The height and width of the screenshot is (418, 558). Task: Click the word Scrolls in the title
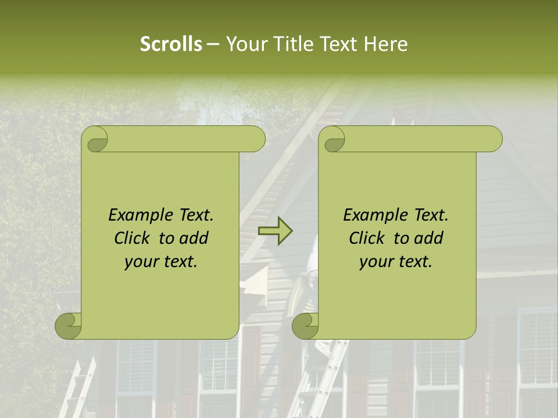(171, 44)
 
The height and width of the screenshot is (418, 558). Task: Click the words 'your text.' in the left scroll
(161, 262)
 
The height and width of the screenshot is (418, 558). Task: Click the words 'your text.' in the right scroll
(396, 262)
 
